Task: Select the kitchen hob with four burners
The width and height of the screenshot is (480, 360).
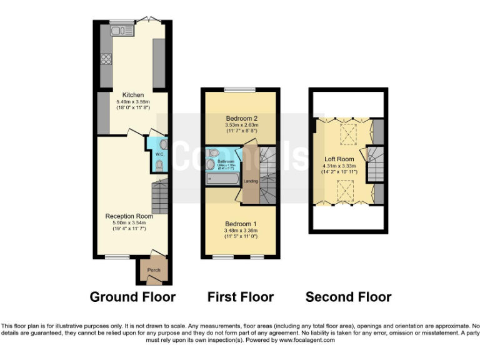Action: (x=106, y=60)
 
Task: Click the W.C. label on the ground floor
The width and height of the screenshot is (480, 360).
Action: (x=159, y=154)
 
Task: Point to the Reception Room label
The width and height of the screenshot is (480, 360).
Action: (x=129, y=216)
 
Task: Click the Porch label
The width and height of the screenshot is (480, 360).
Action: (x=154, y=270)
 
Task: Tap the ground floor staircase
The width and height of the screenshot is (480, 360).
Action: (x=160, y=195)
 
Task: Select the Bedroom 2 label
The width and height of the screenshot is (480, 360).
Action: (x=241, y=118)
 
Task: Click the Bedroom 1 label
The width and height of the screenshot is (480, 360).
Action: (x=241, y=224)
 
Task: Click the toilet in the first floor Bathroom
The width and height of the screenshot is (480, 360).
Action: (x=212, y=152)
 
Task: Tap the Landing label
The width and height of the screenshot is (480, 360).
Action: (x=251, y=181)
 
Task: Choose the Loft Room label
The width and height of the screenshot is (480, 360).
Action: (x=339, y=159)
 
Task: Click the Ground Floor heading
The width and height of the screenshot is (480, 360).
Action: (x=132, y=297)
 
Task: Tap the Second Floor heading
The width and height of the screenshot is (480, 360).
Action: (x=348, y=297)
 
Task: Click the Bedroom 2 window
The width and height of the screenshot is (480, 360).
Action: (x=241, y=90)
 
